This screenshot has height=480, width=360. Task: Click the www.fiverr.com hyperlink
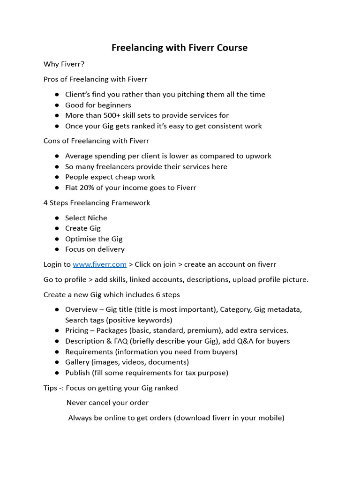click(99, 264)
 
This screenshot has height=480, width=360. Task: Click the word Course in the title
click(230, 48)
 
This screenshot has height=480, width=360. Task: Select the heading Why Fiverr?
click(64, 64)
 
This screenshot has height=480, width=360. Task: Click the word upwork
click(257, 156)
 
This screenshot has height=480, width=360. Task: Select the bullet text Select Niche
click(86, 218)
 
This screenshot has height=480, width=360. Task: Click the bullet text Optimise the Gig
click(94, 239)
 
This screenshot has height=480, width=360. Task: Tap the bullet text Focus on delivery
click(95, 249)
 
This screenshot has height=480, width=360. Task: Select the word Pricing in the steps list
click(77, 330)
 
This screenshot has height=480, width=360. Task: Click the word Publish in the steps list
click(77, 373)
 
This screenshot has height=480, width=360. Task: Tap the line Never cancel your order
click(107, 403)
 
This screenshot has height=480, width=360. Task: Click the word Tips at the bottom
click(51, 388)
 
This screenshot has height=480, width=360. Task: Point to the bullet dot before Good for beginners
click(57, 105)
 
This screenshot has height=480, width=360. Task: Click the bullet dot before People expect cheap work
click(57, 177)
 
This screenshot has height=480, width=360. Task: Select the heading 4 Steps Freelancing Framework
click(97, 203)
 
